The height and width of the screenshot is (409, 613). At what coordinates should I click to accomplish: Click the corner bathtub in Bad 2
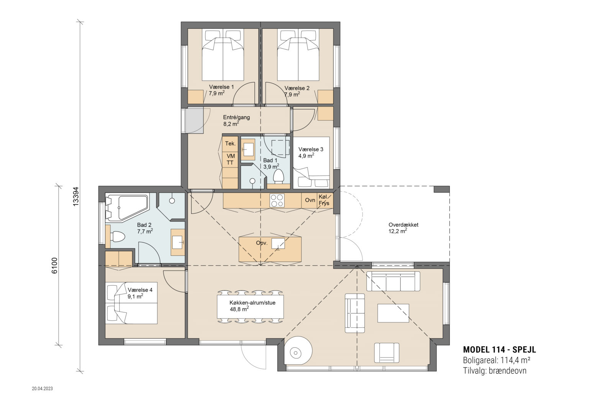[x=127, y=207]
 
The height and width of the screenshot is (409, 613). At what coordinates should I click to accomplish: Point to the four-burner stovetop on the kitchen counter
[x=277, y=200]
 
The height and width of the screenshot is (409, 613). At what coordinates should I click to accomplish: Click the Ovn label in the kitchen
[x=310, y=200]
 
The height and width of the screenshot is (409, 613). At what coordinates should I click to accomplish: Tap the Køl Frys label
[x=324, y=200]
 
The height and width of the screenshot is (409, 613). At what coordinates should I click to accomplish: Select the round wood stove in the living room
[x=298, y=351]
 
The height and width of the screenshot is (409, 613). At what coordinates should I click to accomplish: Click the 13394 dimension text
[x=76, y=196]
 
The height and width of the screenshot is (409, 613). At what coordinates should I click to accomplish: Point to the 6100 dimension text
[x=54, y=266]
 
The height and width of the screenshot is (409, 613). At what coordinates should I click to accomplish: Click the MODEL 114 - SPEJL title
[x=500, y=350]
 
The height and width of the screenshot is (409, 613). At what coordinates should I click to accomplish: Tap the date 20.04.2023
[x=43, y=388]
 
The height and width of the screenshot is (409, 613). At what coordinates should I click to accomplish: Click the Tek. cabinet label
[x=230, y=144]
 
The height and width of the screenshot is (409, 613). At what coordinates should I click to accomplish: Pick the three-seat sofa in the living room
[x=393, y=281]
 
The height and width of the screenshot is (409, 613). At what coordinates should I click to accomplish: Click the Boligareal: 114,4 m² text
[x=497, y=360]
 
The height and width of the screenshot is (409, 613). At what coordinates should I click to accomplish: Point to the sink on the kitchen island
[x=278, y=244]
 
